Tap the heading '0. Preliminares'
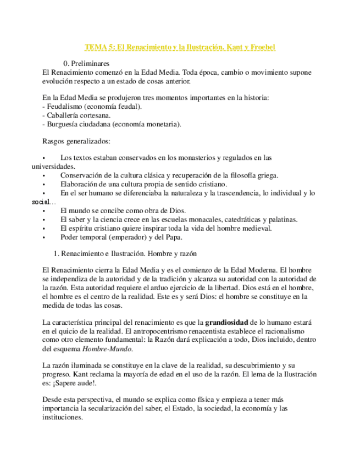pyautogui.click(x=86, y=63)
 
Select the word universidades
pyautogui.click(x=53, y=166)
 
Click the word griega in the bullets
pyautogui.click(x=266, y=175)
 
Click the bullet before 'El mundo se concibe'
pyautogui.click(x=43, y=210)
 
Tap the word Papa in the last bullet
pyautogui.click(x=173, y=237)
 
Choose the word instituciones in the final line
pyautogui.click(x=62, y=417)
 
